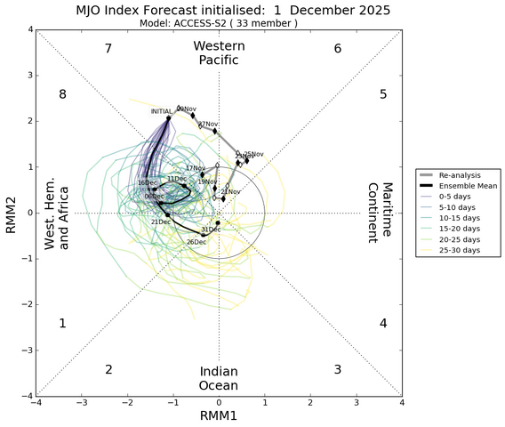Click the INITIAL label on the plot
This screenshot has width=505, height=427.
tap(161, 111)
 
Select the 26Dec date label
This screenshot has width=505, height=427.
tap(196, 242)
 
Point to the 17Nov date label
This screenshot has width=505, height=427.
tap(195, 168)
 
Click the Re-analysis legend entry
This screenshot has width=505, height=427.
tap(460, 174)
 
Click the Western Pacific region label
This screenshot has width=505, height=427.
tap(219, 52)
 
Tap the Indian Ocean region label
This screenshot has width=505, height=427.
tap(219, 378)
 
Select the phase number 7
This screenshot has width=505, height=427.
tap(108, 48)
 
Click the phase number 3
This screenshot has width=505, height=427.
tap(337, 369)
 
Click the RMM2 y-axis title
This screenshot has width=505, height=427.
tap(11, 213)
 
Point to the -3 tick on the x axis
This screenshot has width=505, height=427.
tap(81, 403)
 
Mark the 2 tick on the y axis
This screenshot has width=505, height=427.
tap(29, 121)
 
